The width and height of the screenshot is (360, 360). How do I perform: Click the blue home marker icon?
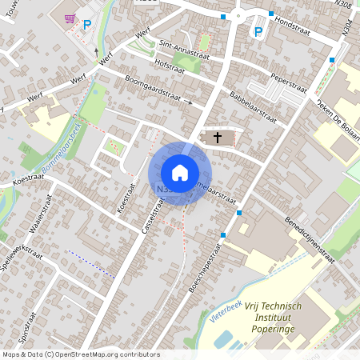point(180,173)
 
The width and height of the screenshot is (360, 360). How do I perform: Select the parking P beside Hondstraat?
point(258,31)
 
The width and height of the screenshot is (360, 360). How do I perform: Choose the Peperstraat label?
point(290,81)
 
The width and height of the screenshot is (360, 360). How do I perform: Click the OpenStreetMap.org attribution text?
point(104,354)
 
